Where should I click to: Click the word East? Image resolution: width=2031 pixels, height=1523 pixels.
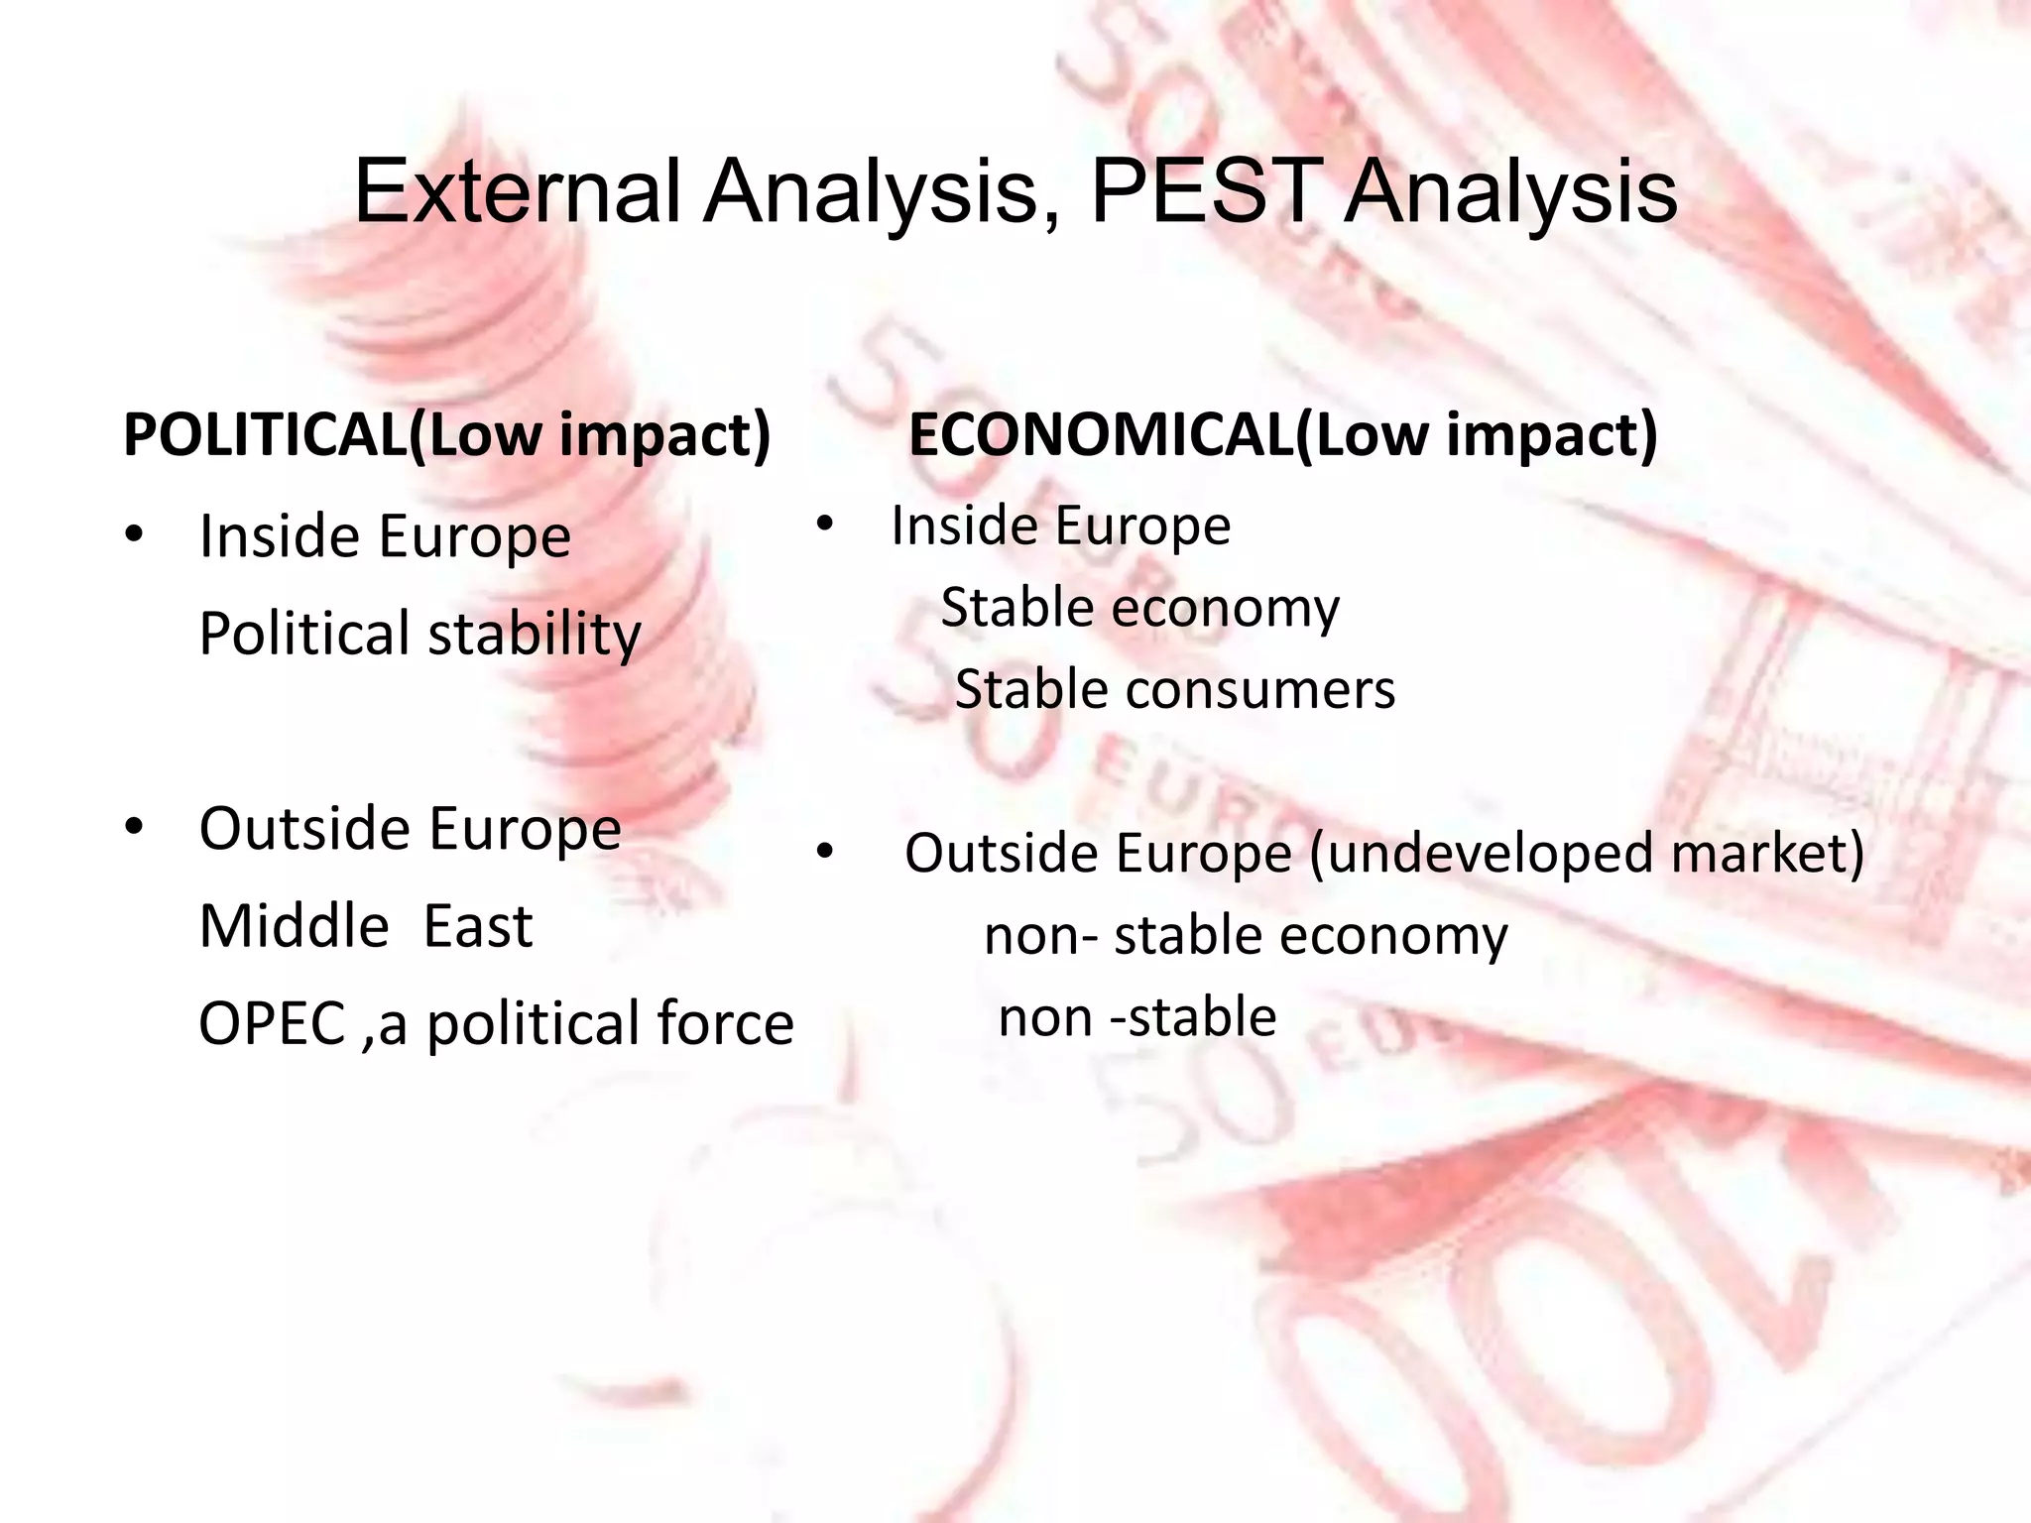[x=477, y=926]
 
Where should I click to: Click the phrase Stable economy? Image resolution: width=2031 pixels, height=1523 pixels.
[x=1139, y=607]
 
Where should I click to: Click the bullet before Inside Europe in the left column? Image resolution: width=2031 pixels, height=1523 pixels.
[x=135, y=536]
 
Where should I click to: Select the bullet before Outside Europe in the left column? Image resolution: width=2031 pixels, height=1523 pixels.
[x=135, y=827]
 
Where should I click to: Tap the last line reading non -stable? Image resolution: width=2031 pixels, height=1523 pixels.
[x=1137, y=1017]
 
